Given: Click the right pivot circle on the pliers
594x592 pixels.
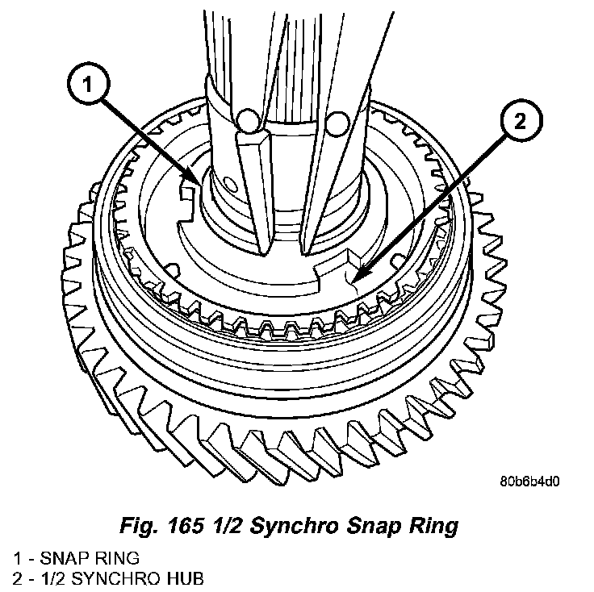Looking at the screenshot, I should point(337,123).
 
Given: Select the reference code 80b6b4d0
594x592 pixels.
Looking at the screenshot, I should point(529,482).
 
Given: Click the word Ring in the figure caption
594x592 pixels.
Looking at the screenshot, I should point(431,527).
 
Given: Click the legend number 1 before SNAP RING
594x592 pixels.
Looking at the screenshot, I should point(16,557).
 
